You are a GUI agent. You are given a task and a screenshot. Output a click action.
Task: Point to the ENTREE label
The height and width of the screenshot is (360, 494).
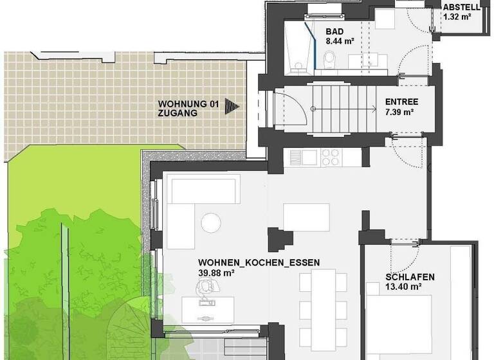[401, 102]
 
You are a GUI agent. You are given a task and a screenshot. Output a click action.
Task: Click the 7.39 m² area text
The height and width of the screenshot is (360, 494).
[399, 113]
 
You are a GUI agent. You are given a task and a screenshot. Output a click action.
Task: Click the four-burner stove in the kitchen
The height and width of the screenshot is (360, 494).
[331, 157]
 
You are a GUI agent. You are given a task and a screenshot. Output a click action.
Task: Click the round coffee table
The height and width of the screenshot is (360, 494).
[210, 222]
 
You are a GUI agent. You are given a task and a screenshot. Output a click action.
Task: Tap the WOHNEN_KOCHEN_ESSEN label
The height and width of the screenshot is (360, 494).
[259, 262]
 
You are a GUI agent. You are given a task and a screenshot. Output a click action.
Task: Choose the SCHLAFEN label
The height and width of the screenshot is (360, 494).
[410, 278]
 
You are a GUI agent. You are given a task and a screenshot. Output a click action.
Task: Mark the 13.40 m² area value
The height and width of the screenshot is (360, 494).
[403, 288]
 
